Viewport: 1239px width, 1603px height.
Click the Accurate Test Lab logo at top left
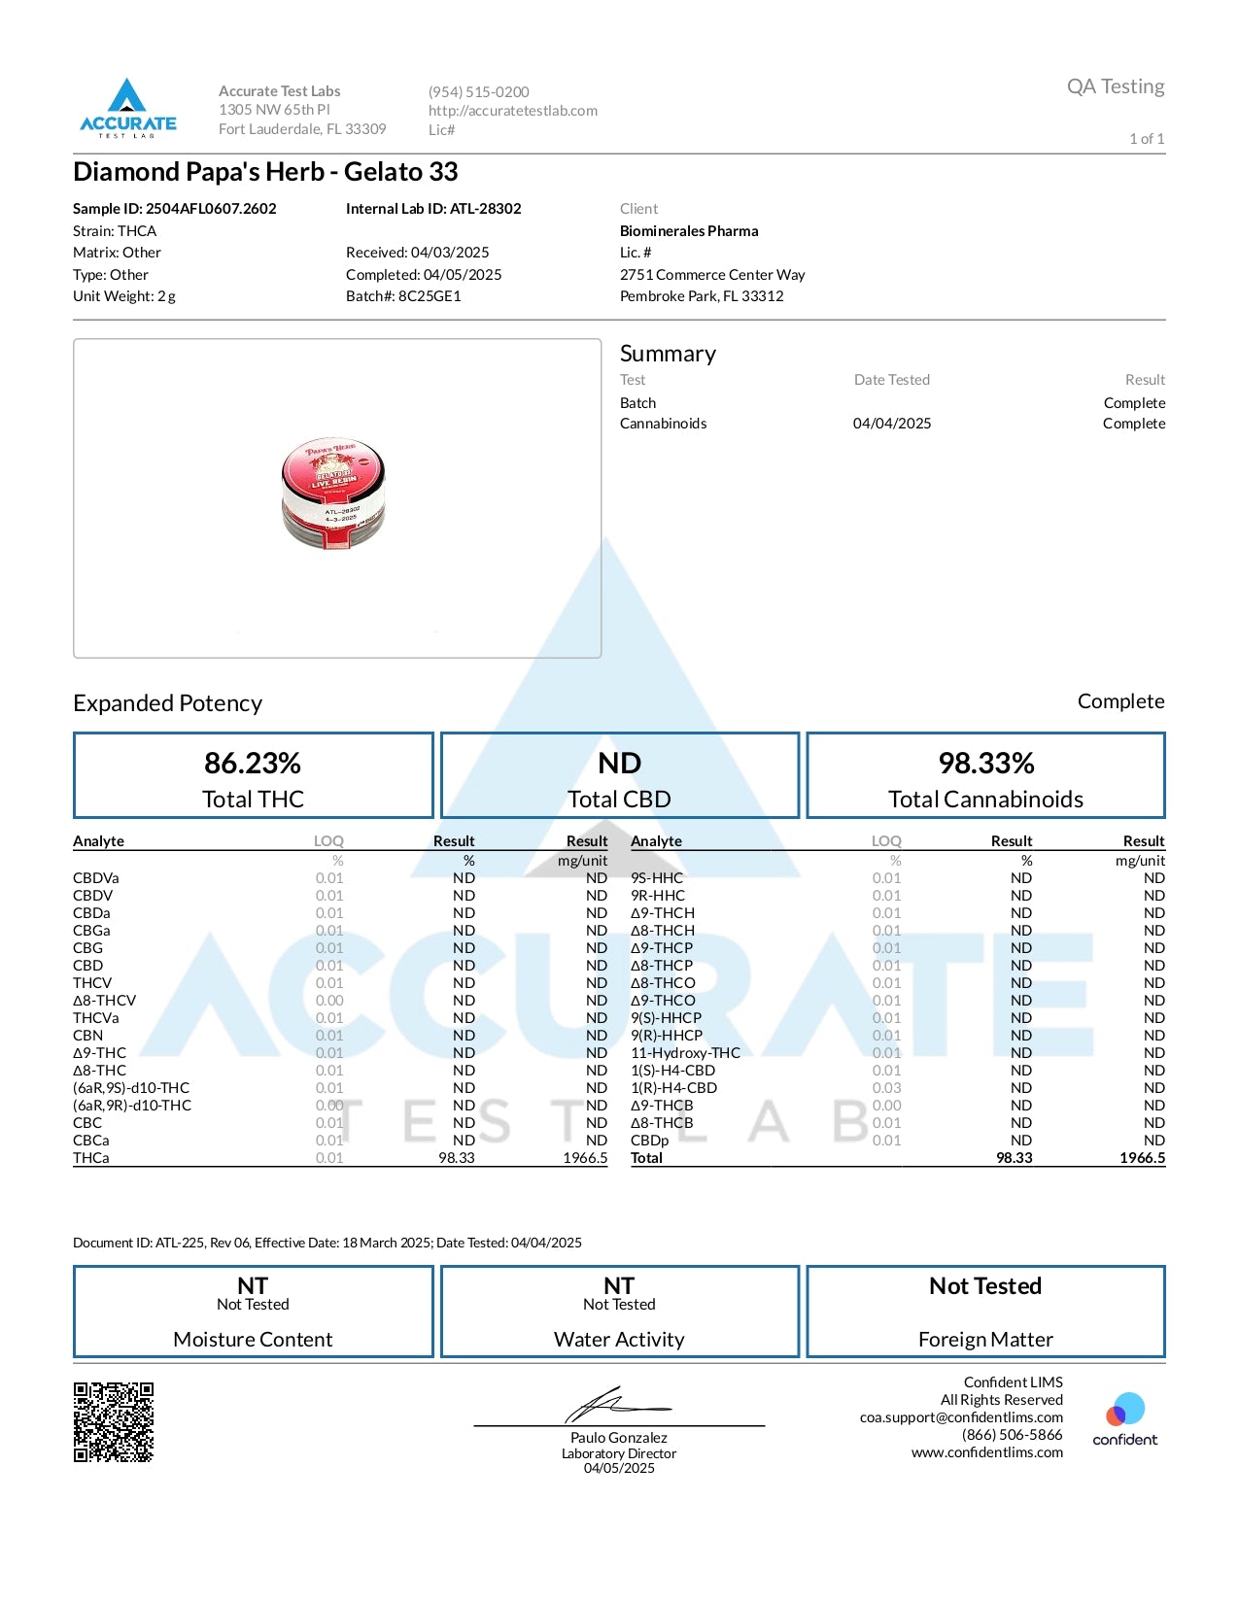pos(127,107)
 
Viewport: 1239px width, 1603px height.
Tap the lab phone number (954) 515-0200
pos(478,92)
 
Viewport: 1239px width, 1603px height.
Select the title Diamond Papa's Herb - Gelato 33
pos(265,172)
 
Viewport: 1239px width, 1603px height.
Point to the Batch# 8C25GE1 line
pos(403,296)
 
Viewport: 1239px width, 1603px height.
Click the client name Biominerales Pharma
pos(689,231)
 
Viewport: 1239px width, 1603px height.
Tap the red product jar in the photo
pos(333,493)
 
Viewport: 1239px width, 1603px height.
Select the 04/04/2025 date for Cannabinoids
pos(892,424)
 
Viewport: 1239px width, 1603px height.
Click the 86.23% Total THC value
pos(253,764)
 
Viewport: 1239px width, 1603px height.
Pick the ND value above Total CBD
pos(619,764)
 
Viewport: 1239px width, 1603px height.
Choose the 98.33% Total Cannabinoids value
pos(985,764)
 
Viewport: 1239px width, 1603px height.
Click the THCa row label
pos(91,1158)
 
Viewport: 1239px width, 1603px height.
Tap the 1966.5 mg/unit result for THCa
pos(585,1158)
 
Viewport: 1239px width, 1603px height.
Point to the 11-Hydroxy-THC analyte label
pos(685,1053)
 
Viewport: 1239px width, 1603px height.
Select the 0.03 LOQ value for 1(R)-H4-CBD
pos(886,1088)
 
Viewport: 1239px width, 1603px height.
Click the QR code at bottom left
pos(114,1422)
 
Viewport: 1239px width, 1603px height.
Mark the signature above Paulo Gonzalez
pos(616,1405)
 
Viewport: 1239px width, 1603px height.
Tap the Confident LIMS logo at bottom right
pos(1124,1419)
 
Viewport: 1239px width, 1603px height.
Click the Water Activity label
pos(619,1340)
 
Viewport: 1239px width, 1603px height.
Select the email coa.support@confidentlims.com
pos(961,1417)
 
